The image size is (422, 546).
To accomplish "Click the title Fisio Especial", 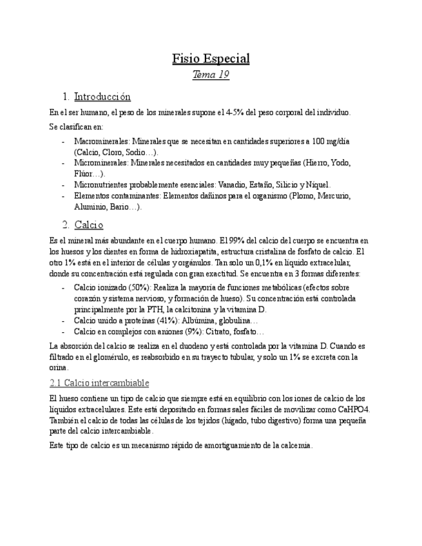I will pyautogui.click(x=211, y=59).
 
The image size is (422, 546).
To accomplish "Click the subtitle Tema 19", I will pyautogui.click(x=211, y=75).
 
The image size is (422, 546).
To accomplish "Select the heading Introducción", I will pyautogui.click(x=102, y=97).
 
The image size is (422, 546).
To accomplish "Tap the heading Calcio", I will pyautogui.click(x=89, y=225).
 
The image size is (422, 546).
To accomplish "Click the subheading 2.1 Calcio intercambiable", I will pyautogui.click(x=99, y=383).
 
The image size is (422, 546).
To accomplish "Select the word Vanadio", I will pyautogui.click(x=232, y=185).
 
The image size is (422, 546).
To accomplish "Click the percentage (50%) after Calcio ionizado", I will pyautogui.click(x=135, y=288).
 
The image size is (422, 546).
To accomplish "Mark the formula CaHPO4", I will pyautogui.click(x=352, y=409).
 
